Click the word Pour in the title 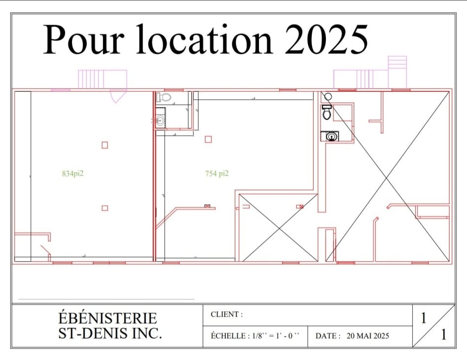[x=82, y=39]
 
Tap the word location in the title [x=204, y=39]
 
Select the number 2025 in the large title [x=326, y=39]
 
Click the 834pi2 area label [x=72, y=173]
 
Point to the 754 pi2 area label [x=216, y=173]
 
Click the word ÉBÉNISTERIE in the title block [x=108, y=318]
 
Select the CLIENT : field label [x=227, y=315]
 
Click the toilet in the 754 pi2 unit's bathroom [x=164, y=97]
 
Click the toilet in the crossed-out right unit [x=327, y=112]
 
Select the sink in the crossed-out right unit [x=331, y=136]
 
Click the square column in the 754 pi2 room [x=208, y=139]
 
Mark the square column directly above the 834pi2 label [x=105, y=144]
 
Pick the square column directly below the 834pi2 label [x=105, y=208]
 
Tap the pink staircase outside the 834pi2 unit [x=102, y=79]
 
